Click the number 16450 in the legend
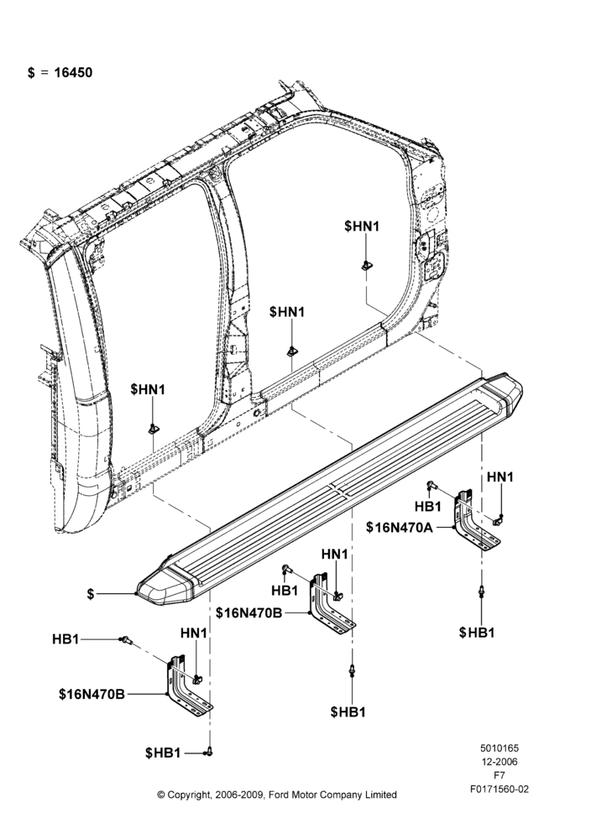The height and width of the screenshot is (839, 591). [x=73, y=72]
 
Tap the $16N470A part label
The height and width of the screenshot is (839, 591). [x=399, y=527]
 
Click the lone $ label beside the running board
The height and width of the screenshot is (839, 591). [x=91, y=593]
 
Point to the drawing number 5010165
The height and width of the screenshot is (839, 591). [x=499, y=748]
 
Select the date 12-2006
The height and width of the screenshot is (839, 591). [x=499, y=762]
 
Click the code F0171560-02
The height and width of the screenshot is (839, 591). [x=499, y=789]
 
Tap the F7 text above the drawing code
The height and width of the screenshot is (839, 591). [x=499, y=775]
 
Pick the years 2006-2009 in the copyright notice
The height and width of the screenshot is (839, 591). [x=239, y=795]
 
